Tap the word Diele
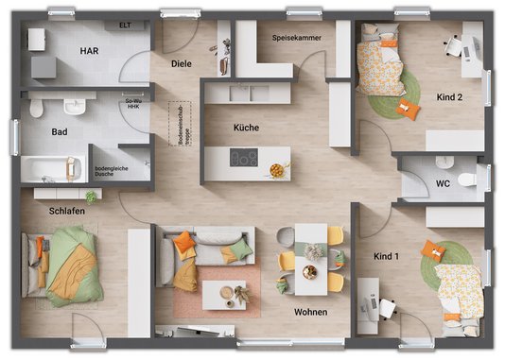pos(182,63)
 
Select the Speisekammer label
pos(296,38)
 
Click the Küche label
pos(246,128)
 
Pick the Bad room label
pos(59,132)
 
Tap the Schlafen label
pos(68,211)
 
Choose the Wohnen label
pos(310,312)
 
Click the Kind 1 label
pos(387,256)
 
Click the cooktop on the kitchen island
pos(244,159)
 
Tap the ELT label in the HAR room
pos(125,26)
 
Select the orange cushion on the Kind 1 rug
pos(434,250)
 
